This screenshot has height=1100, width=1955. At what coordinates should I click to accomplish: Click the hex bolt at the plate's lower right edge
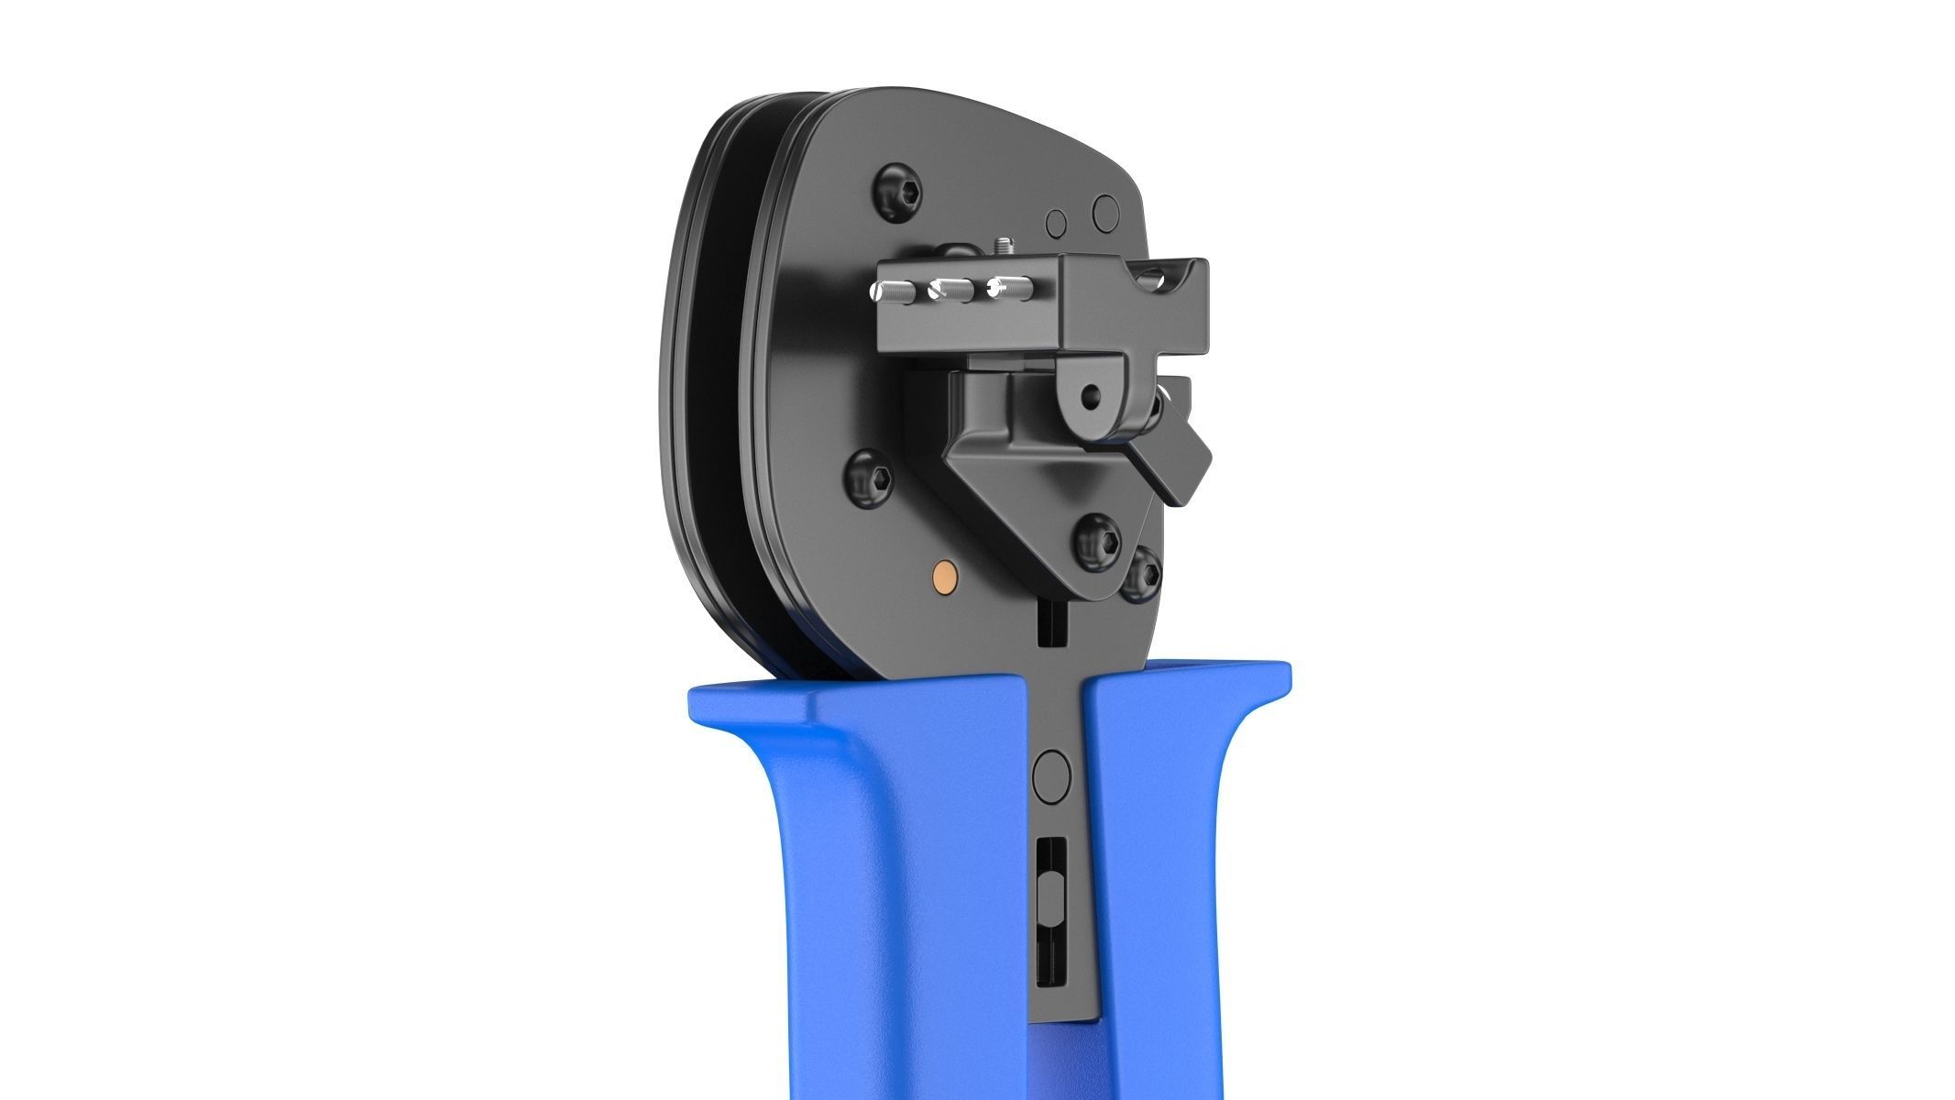(x=1143, y=573)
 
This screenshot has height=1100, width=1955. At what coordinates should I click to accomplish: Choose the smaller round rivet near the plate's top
(x=1057, y=223)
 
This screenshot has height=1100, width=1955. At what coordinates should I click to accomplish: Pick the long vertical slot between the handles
(x=1050, y=926)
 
